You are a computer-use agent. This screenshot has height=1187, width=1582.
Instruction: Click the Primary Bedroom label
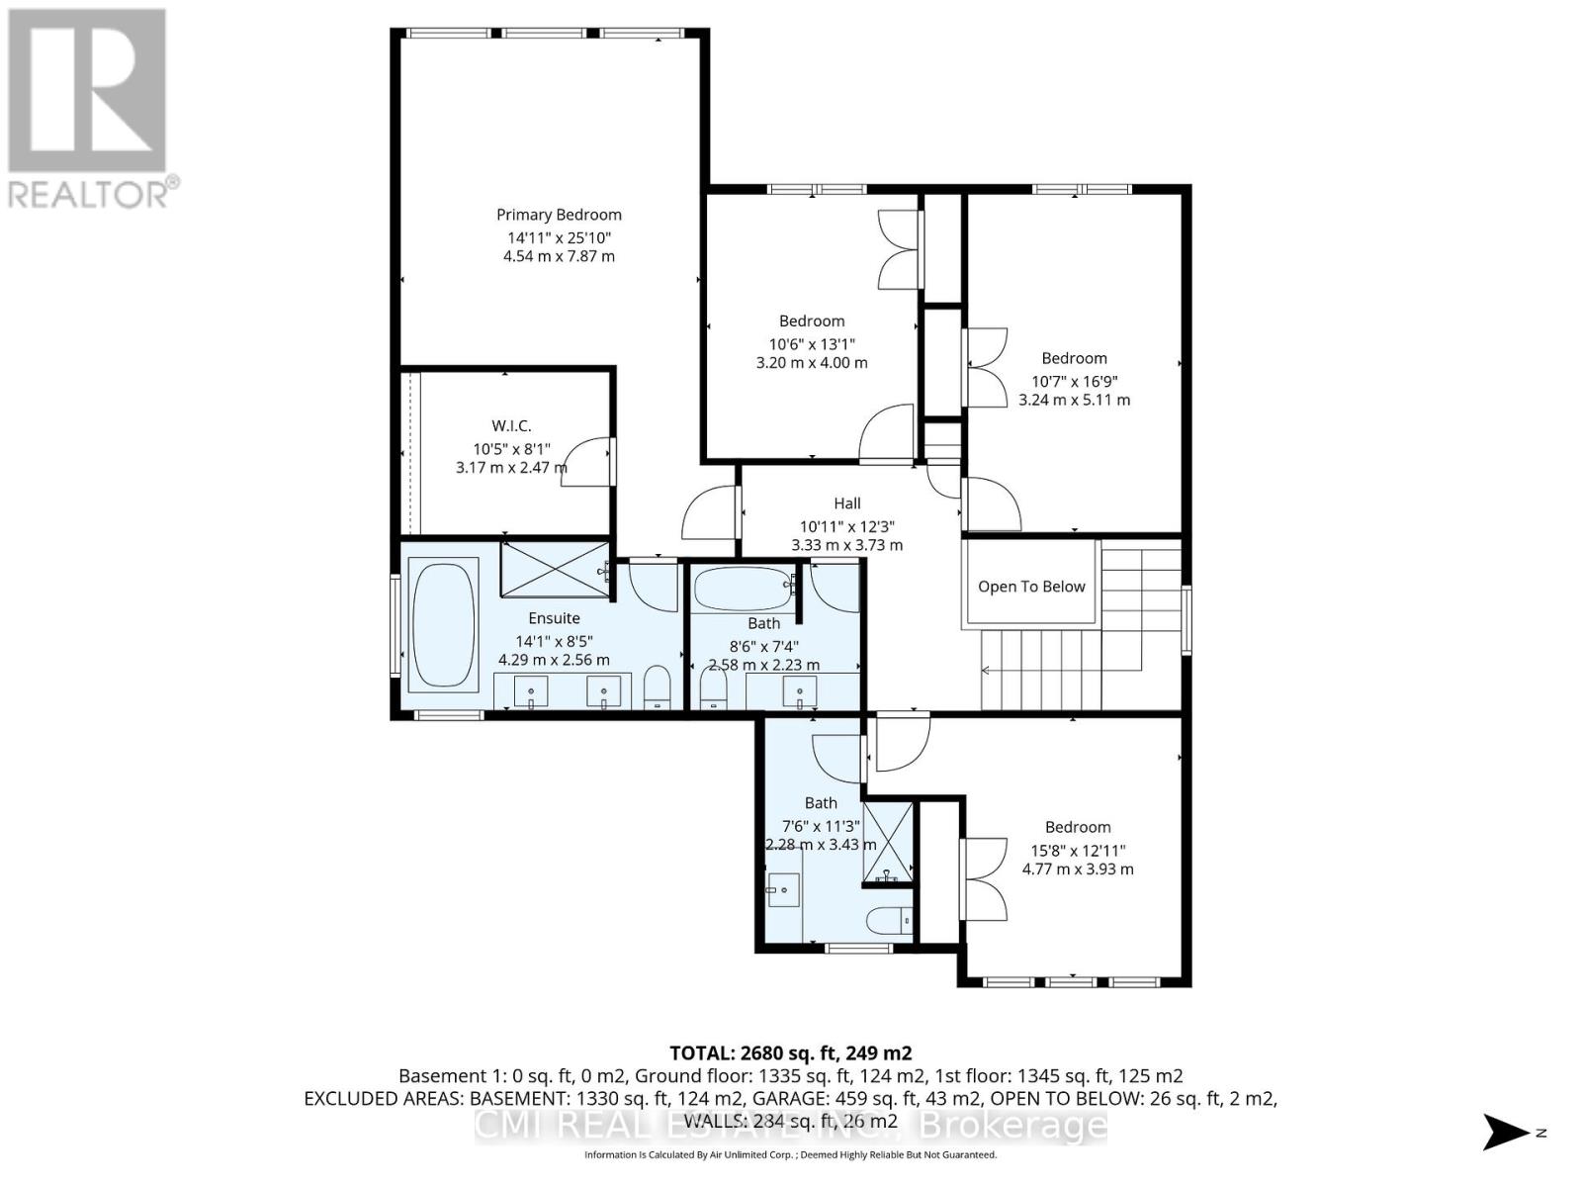pos(559,215)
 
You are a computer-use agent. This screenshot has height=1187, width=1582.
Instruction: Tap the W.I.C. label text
pos(511,425)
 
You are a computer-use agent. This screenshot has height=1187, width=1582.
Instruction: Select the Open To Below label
pos(1031,587)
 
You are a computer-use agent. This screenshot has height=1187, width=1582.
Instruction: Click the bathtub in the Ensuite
pos(444,625)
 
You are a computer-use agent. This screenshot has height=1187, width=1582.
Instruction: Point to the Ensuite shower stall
pos(554,570)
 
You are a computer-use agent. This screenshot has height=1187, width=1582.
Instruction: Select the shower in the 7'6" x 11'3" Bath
pos(888,842)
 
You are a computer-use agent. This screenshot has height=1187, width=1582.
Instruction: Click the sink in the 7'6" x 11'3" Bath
pos(784,889)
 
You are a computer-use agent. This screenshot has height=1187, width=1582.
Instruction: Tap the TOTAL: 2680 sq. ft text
pos(790,1052)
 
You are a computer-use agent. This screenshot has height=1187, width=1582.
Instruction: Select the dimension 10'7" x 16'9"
pos(1074,382)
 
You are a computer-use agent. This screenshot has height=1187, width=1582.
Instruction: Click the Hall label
pos(846,503)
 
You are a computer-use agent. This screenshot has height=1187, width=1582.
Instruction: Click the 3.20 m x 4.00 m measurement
pos(811,363)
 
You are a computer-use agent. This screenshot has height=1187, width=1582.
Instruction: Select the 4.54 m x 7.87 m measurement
pos(559,256)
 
